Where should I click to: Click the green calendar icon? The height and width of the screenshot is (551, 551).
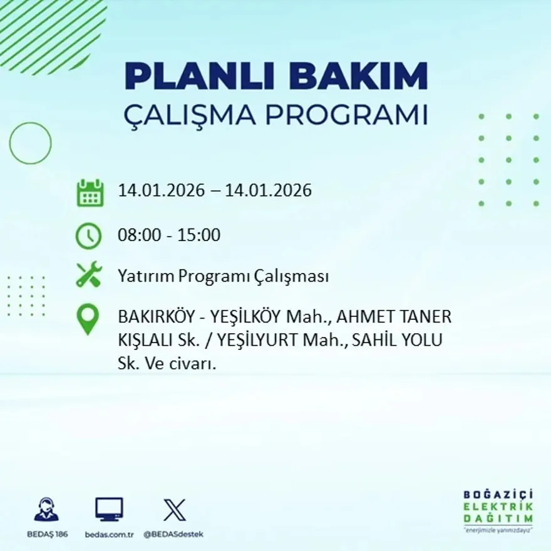click(90, 193)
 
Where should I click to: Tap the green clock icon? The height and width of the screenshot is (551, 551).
click(88, 236)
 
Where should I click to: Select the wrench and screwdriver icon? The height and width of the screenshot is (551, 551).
click(88, 275)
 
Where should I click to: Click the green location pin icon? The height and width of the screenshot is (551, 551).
click(88, 319)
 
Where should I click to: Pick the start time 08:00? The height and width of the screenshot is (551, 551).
click(137, 235)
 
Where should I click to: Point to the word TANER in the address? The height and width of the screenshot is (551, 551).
click(430, 317)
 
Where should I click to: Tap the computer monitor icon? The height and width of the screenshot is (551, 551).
click(109, 509)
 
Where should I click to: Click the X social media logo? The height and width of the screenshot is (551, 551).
click(174, 509)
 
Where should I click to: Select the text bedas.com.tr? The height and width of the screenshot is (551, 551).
click(109, 534)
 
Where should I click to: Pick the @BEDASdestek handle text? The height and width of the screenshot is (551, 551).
click(173, 534)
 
